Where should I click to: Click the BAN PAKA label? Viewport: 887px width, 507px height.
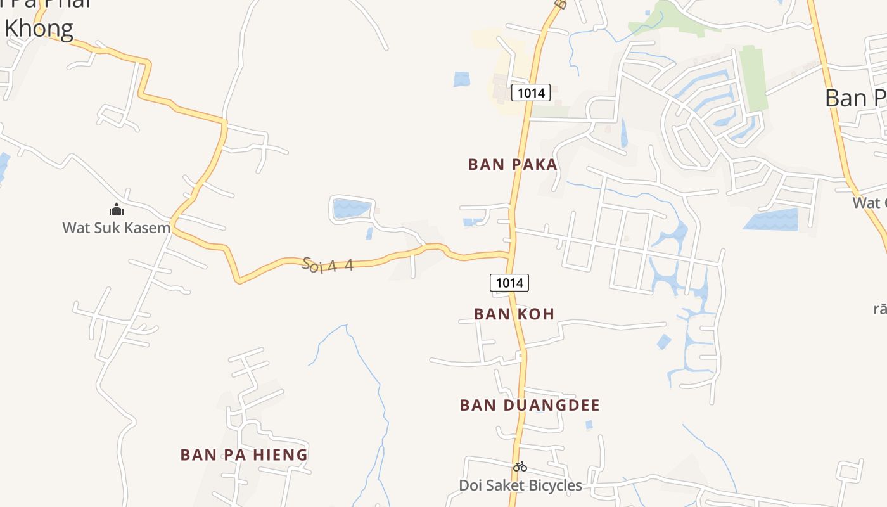point(513,165)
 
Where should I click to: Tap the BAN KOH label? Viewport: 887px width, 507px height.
point(514,314)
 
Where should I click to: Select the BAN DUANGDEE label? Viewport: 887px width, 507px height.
point(530,405)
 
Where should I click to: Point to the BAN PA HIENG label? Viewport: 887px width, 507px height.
point(244,455)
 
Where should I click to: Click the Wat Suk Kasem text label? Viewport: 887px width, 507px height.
point(117,228)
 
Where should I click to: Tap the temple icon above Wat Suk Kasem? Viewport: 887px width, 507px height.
point(117,209)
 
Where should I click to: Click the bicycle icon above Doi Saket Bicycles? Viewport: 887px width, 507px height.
point(520,466)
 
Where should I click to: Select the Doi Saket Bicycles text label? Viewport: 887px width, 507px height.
point(520,485)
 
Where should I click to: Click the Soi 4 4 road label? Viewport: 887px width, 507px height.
point(328,265)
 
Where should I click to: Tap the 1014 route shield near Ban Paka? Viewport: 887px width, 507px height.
point(531,93)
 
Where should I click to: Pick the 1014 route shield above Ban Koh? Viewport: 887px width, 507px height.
point(509,283)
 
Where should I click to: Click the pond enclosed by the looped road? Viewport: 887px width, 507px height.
point(350,208)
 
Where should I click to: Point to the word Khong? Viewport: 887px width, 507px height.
point(39,29)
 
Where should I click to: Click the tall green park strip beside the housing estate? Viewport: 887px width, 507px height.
point(753,77)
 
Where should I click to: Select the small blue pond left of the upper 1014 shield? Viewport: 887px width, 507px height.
point(462,79)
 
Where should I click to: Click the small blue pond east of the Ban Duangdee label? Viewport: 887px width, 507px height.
point(589,424)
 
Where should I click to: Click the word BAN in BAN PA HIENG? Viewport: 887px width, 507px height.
point(195,455)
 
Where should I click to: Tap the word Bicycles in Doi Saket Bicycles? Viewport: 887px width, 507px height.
point(550,485)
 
